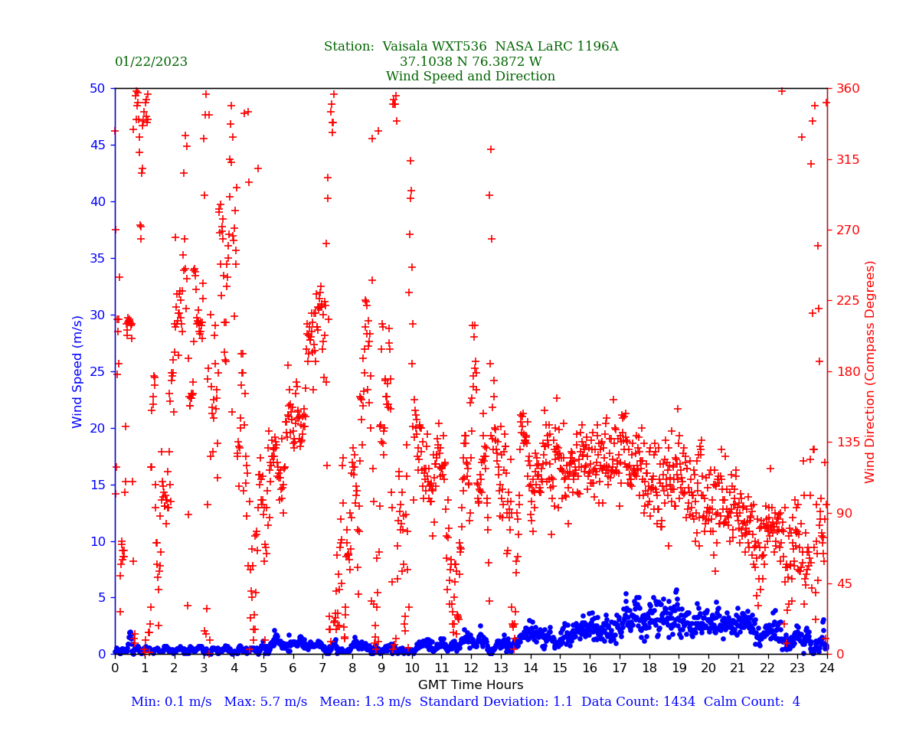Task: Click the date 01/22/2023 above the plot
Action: point(151,62)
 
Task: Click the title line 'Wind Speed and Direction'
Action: point(470,77)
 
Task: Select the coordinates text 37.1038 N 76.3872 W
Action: point(470,62)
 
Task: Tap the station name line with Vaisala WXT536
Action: point(470,47)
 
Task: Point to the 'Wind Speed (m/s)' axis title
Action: point(78,371)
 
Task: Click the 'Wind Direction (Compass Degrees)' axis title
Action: point(870,371)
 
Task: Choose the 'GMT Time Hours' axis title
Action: point(470,685)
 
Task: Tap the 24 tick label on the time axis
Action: point(827,668)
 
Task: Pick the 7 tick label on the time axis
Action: point(322,668)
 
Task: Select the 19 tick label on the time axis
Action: point(679,668)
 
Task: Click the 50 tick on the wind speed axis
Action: point(98,89)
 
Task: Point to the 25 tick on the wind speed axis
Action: point(98,371)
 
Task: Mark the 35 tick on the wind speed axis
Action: point(98,258)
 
